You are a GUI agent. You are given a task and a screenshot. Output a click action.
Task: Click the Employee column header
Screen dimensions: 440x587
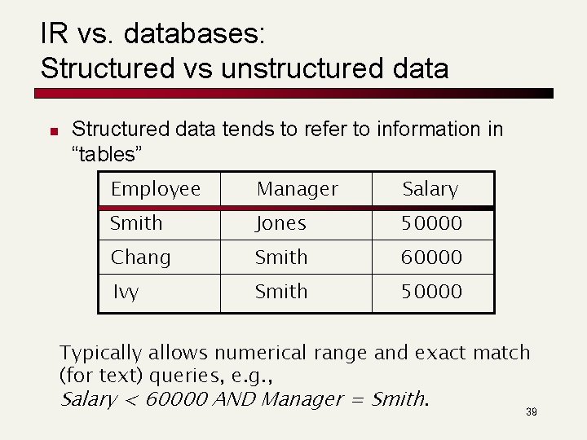click(156, 189)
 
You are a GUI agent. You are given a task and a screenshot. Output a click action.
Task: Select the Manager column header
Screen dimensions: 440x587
click(297, 189)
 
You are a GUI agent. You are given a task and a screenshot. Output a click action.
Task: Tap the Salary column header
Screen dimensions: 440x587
click(430, 189)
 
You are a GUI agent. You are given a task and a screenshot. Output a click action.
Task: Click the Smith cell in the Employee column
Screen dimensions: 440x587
click(136, 223)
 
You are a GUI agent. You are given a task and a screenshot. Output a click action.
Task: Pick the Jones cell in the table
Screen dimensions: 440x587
click(280, 223)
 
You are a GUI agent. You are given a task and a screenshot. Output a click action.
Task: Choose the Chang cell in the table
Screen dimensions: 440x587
click(141, 257)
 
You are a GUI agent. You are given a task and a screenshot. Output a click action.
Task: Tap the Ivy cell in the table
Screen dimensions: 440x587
click(126, 292)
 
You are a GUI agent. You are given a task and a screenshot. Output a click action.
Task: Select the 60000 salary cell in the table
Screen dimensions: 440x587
click(431, 257)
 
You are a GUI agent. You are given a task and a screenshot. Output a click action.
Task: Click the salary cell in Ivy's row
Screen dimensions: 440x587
click(431, 292)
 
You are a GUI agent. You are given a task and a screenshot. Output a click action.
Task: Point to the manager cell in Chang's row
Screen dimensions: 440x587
click(281, 257)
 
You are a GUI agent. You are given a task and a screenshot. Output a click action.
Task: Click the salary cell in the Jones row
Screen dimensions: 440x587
click(431, 223)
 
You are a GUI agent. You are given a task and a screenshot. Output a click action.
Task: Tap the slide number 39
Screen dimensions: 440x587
click(532, 413)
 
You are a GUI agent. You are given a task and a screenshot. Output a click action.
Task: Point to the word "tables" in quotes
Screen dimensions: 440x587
click(108, 154)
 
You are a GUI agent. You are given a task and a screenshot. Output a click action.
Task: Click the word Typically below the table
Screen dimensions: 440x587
click(100, 354)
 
